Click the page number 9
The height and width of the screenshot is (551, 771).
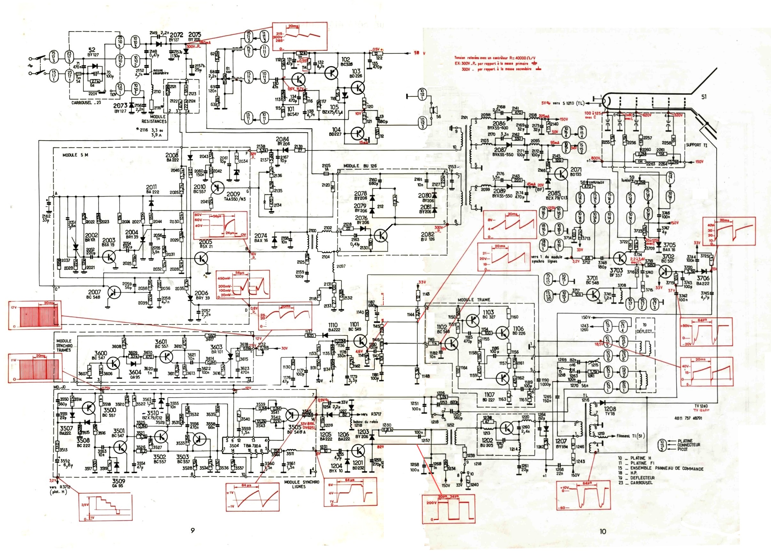point(193,530)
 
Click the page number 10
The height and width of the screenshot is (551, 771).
point(602,531)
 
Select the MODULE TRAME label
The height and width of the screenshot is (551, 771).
point(474,300)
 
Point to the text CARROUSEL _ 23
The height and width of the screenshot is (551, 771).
point(86,103)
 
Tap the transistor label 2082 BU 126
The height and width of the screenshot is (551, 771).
point(427,236)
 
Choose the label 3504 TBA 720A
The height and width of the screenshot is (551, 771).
point(245,446)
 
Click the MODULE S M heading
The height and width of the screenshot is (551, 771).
point(75,155)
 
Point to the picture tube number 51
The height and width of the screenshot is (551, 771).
point(704,97)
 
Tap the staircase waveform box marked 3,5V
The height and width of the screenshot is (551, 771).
point(105,507)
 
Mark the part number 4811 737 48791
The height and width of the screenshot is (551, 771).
point(688,418)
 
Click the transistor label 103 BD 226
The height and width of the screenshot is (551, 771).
point(356,73)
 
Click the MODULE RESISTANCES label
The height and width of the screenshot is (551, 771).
point(154,119)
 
